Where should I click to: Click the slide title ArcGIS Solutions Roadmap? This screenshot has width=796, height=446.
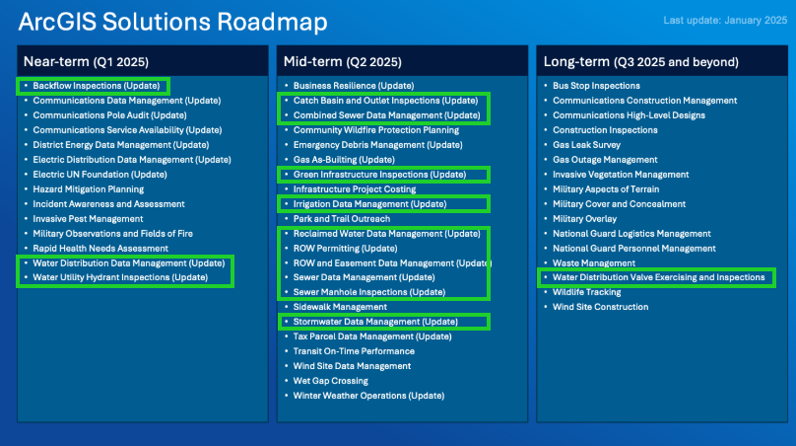[x=172, y=23]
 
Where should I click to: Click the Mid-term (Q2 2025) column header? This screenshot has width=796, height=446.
[x=342, y=61]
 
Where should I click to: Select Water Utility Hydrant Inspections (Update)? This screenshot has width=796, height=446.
[x=120, y=277]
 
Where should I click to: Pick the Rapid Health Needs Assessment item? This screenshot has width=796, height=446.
[x=100, y=249]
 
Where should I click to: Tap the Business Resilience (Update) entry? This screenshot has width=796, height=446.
[x=354, y=86]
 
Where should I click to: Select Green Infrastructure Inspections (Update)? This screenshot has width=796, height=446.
[x=379, y=175]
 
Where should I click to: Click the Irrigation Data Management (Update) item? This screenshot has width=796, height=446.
[x=369, y=204]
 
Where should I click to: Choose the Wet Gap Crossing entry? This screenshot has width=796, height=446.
[x=330, y=381]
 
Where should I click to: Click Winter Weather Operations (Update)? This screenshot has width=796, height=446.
[x=368, y=396]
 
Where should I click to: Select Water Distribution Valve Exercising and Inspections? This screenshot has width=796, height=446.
[x=658, y=277]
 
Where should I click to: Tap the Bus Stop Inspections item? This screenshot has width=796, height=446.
[x=596, y=86]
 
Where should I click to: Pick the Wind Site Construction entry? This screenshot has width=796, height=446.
[x=600, y=307]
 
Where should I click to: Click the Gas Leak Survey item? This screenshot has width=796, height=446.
[x=587, y=145]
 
